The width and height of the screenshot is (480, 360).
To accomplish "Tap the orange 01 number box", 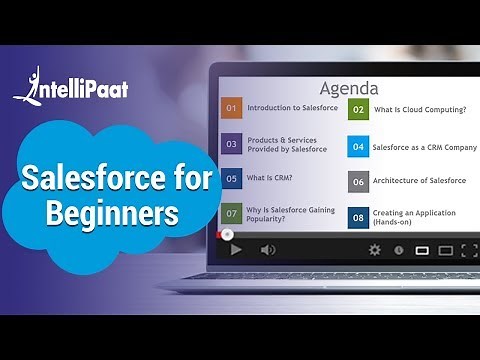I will pyautogui.click(x=232, y=108).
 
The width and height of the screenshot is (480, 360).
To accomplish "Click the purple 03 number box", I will pyautogui.click(x=232, y=143).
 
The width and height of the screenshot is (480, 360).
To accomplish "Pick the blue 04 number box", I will pyautogui.click(x=358, y=146).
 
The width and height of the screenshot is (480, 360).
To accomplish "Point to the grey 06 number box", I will pyautogui.click(x=358, y=181).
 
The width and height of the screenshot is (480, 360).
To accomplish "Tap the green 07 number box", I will pyautogui.click(x=232, y=213).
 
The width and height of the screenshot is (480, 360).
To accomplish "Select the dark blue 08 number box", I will pyautogui.click(x=358, y=216).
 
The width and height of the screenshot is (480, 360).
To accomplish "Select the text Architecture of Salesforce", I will pyautogui.click(x=420, y=181).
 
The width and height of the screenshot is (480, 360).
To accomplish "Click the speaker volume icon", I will pyautogui.click(x=268, y=249).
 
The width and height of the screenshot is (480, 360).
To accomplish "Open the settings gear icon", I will pyautogui.click(x=375, y=249).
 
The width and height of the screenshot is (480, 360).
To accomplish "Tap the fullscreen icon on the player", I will pyautogui.click(x=469, y=250).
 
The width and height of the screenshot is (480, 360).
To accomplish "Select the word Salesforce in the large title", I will pyautogui.click(x=117, y=180).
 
